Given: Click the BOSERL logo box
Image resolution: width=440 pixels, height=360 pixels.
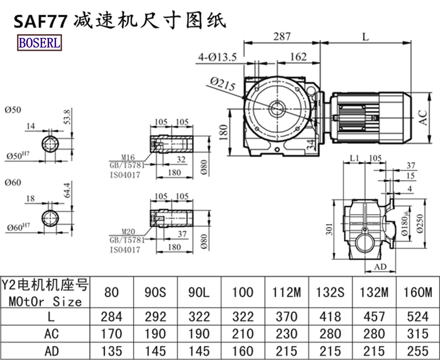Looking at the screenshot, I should click(x=38, y=42).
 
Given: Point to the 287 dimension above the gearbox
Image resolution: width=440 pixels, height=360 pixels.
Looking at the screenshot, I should click(x=282, y=37).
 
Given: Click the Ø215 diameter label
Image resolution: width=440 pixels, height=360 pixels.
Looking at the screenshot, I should click(x=222, y=84).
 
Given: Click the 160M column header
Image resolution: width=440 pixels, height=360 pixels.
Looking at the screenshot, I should click(x=418, y=292).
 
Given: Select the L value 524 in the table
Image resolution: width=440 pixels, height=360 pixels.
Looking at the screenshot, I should click(x=418, y=317).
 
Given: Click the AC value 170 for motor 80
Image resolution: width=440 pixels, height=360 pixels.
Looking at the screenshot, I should click(x=112, y=333).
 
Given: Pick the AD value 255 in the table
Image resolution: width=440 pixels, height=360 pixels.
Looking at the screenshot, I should click(x=418, y=350).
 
